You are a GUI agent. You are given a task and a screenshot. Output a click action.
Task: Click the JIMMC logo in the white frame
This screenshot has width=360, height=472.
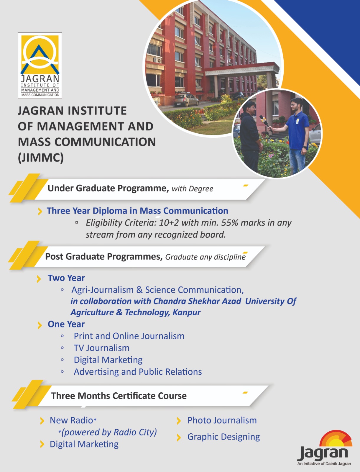40,66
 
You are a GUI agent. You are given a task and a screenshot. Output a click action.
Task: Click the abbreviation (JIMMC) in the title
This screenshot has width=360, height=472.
41,158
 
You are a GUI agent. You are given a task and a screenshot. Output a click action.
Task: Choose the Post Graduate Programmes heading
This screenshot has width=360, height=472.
104,257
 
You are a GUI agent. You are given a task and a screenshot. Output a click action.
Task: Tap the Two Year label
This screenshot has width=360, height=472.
66,278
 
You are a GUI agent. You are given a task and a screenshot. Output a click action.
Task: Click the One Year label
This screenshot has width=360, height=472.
66,324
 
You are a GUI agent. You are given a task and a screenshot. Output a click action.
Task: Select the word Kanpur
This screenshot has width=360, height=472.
187,312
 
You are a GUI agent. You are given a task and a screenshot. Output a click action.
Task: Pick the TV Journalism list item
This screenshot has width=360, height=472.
102,348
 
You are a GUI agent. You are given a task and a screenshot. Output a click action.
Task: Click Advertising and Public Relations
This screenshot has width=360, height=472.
138,372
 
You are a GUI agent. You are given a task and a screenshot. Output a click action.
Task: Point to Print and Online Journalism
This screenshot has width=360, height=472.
129,336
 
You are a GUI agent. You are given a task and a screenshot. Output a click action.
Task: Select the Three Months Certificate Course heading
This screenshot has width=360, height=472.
119,396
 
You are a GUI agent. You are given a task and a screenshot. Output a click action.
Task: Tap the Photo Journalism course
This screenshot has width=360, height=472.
222,420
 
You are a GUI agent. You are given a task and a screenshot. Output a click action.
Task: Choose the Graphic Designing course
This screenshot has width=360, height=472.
223,437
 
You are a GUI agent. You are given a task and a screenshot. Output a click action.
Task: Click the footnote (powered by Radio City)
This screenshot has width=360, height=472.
108,432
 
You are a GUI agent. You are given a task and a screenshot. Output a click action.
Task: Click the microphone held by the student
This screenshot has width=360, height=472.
266,123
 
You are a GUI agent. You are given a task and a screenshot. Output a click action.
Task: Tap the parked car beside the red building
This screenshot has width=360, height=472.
186,100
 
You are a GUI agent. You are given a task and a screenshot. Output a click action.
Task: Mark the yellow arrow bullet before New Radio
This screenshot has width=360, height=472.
42,421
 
